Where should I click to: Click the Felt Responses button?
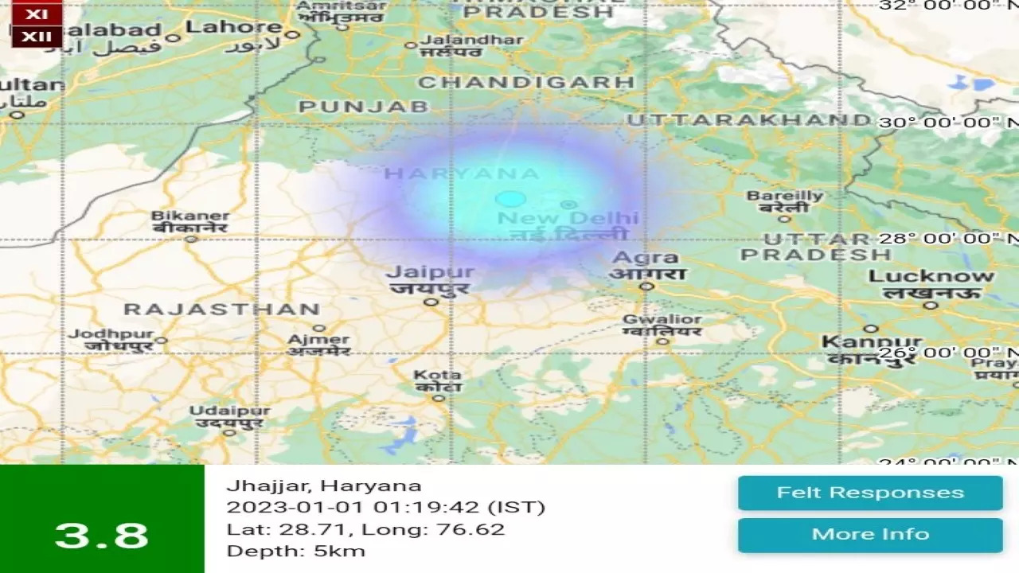click(x=870, y=493)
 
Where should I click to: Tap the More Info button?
click(x=870, y=534)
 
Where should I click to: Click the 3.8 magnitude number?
click(x=102, y=536)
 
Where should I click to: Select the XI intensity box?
click(x=37, y=14)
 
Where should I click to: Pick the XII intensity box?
click(x=37, y=36)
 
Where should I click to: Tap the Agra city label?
click(x=646, y=258)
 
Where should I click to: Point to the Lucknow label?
click(x=931, y=277)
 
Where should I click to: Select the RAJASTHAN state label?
click(x=222, y=310)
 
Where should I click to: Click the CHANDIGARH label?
click(x=526, y=82)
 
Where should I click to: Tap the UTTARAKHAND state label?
click(x=748, y=120)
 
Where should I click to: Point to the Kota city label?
click(x=437, y=375)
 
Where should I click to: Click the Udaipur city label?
click(x=229, y=411)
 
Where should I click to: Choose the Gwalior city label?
click(x=662, y=320)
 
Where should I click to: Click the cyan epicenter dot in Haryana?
click(x=510, y=199)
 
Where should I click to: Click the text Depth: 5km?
click(x=295, y=551)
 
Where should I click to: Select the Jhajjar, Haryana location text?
click(x=323, y=485)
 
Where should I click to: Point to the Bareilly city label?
click(x=784, y=196)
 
